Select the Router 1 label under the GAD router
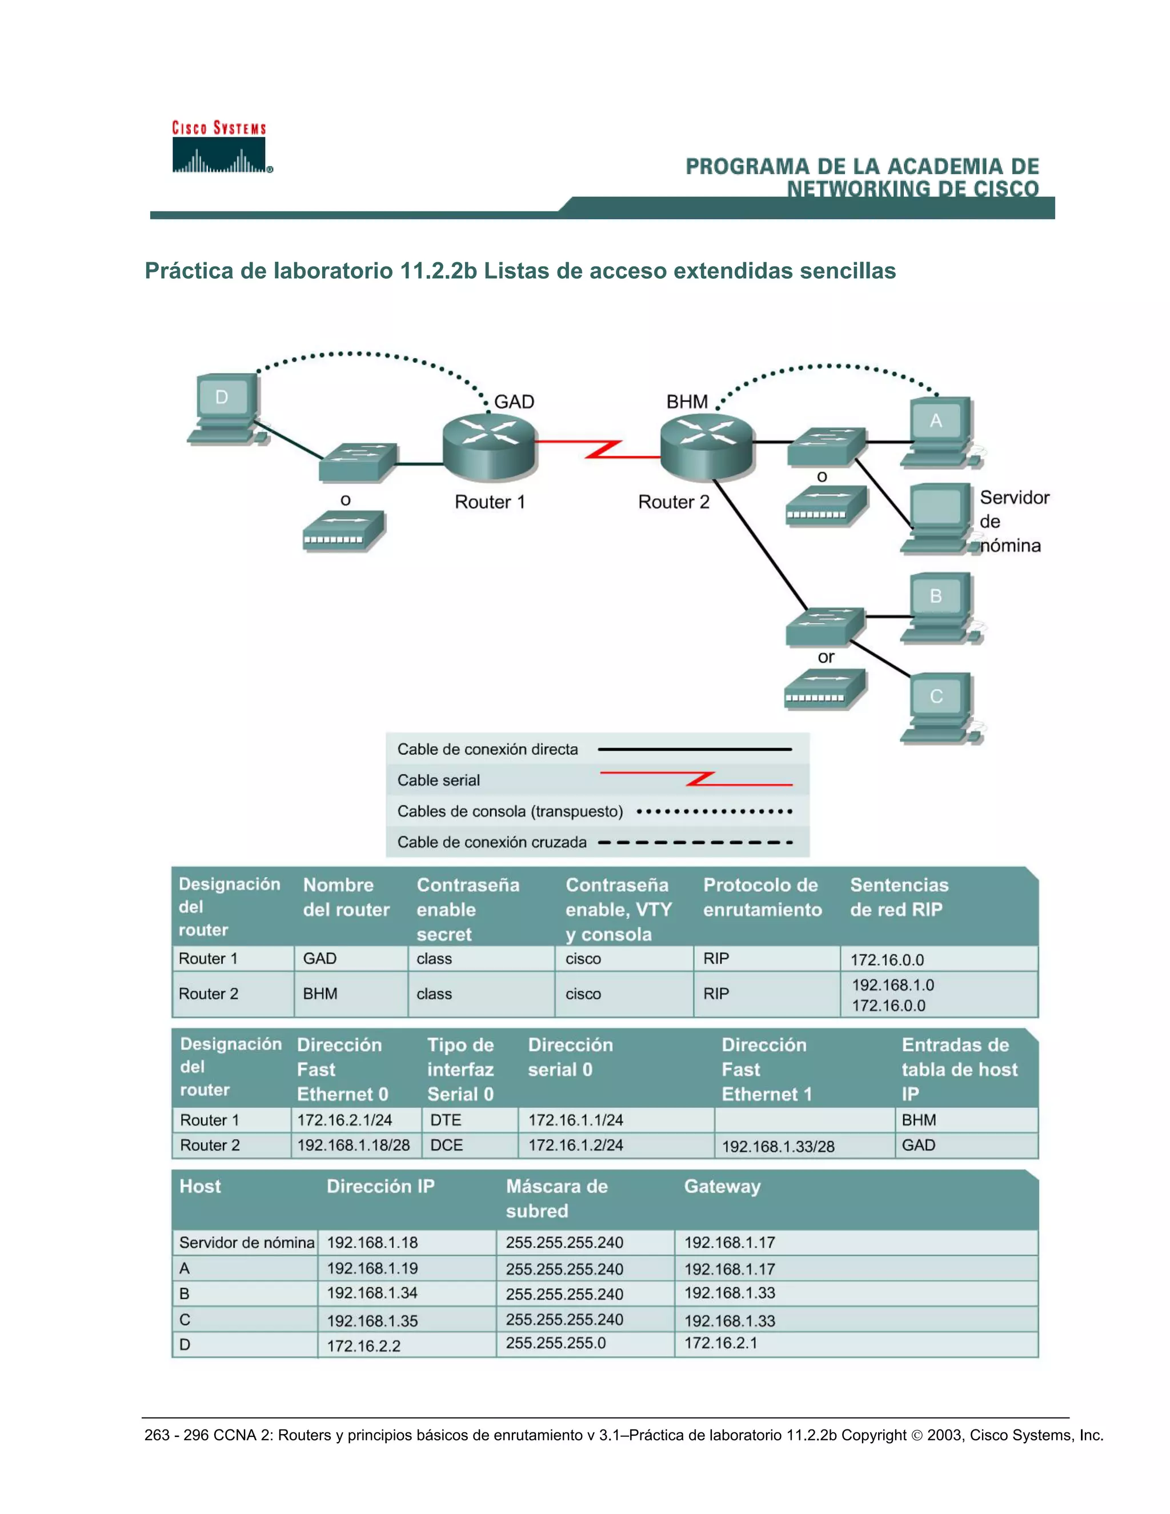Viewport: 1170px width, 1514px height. (490, 502)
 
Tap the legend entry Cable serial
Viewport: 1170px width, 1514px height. (438, 780)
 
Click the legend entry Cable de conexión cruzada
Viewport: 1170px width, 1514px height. (491, 842)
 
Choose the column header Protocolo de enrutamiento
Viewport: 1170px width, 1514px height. (762, 897)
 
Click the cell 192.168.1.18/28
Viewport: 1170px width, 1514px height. (354, 1145)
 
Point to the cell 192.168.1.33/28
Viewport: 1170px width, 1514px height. (778, 1147)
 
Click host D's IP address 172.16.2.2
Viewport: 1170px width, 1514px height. (363, 1345)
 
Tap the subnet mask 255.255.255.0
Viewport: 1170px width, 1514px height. (555, 1343)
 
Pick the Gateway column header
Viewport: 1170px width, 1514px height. (722, 1186)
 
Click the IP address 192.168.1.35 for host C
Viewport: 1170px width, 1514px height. (372, 1320)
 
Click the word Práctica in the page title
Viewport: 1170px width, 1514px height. (189, 270)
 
